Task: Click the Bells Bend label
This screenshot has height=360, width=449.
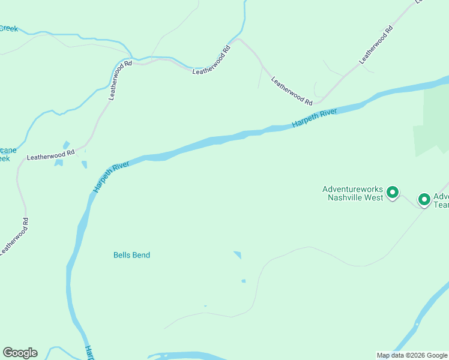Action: click(131, 255)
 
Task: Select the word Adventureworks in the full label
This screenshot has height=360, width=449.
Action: click(352, 188)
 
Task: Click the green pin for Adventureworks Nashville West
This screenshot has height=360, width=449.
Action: click(393, 193)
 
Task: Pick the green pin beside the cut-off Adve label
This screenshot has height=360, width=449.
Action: click(424, 199)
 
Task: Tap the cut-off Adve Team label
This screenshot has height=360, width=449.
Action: click(441, 200)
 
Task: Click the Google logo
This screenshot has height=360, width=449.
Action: click(20, 353)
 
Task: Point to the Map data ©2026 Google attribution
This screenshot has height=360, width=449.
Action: click(411, 355)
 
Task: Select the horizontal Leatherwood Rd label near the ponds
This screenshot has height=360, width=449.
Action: click(50, 155)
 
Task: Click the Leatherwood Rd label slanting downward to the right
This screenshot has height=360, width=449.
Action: click(292, 91)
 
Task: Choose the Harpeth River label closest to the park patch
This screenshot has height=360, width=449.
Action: click(315, 118)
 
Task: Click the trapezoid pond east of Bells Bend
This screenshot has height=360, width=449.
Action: click(238, 255)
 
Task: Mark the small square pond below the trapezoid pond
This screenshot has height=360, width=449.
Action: click(243, 281)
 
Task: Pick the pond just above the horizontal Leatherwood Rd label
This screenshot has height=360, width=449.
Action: click(65, 145)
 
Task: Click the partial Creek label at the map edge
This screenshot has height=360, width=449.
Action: click(9, 28)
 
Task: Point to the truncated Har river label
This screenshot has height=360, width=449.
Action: click(89, 352)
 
